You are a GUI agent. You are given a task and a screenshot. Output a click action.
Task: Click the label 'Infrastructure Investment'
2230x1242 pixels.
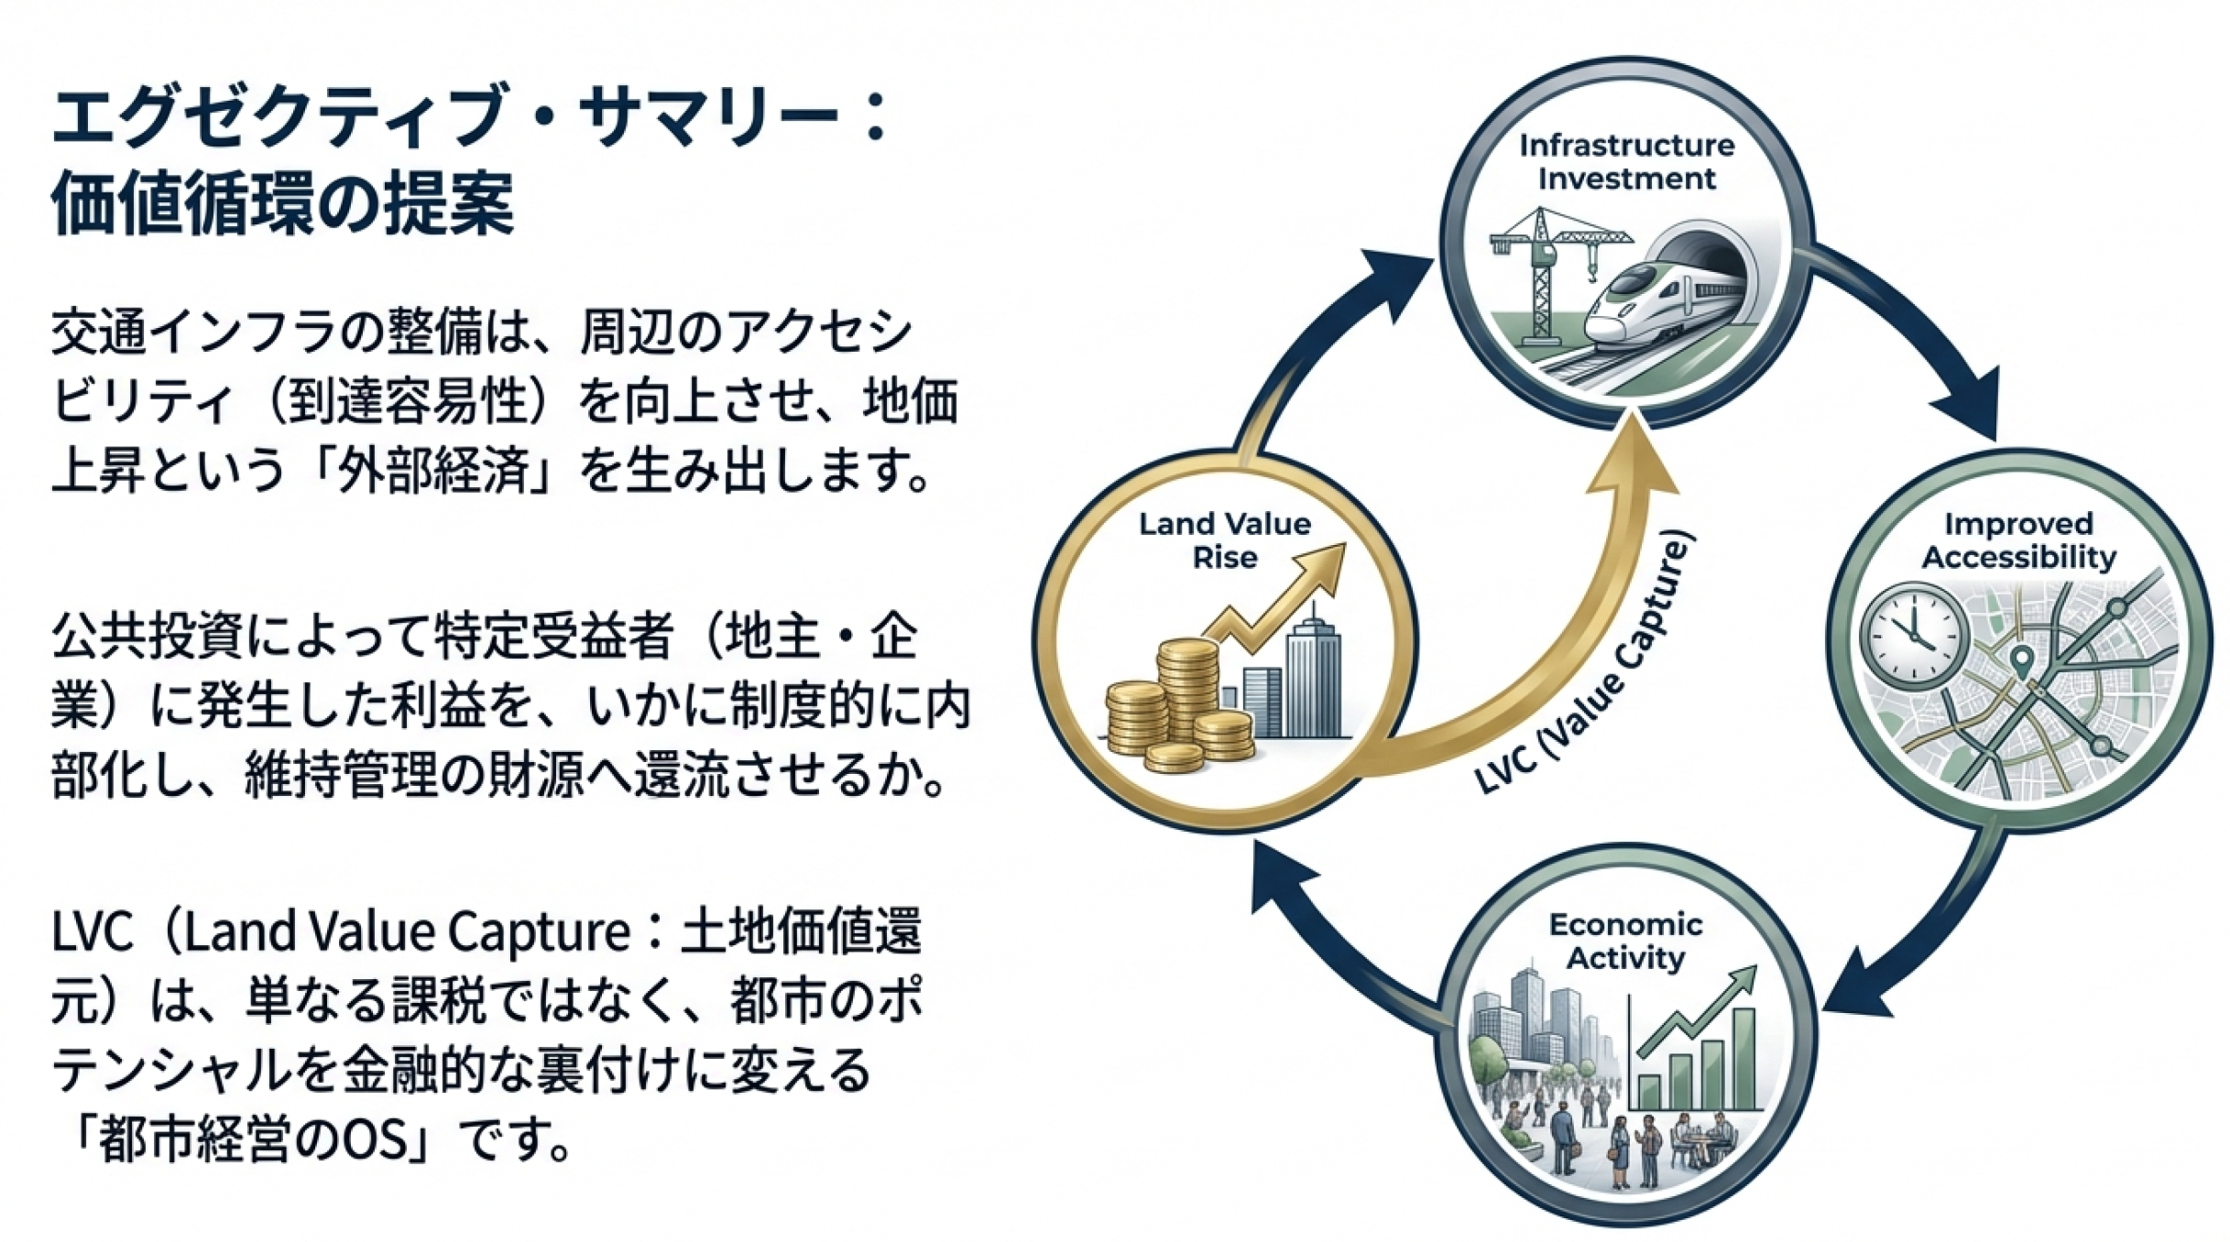coord(1626,162)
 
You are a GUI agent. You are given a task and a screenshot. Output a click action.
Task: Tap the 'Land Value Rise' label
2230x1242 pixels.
coord(1225,540)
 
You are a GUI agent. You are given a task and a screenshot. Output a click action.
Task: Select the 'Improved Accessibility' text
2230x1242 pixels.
coord(2018,540)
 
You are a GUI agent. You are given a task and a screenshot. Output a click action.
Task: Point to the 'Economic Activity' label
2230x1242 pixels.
coord(1625,942)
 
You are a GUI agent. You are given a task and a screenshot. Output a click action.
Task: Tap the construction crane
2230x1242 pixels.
coord(1548,266)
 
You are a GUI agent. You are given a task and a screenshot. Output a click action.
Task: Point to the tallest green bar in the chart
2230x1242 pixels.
coord(1743,1058)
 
